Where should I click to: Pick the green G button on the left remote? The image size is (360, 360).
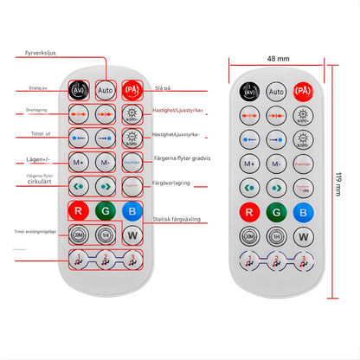[x=106, y=210]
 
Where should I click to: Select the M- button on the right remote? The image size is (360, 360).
[x=276, y=162]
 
